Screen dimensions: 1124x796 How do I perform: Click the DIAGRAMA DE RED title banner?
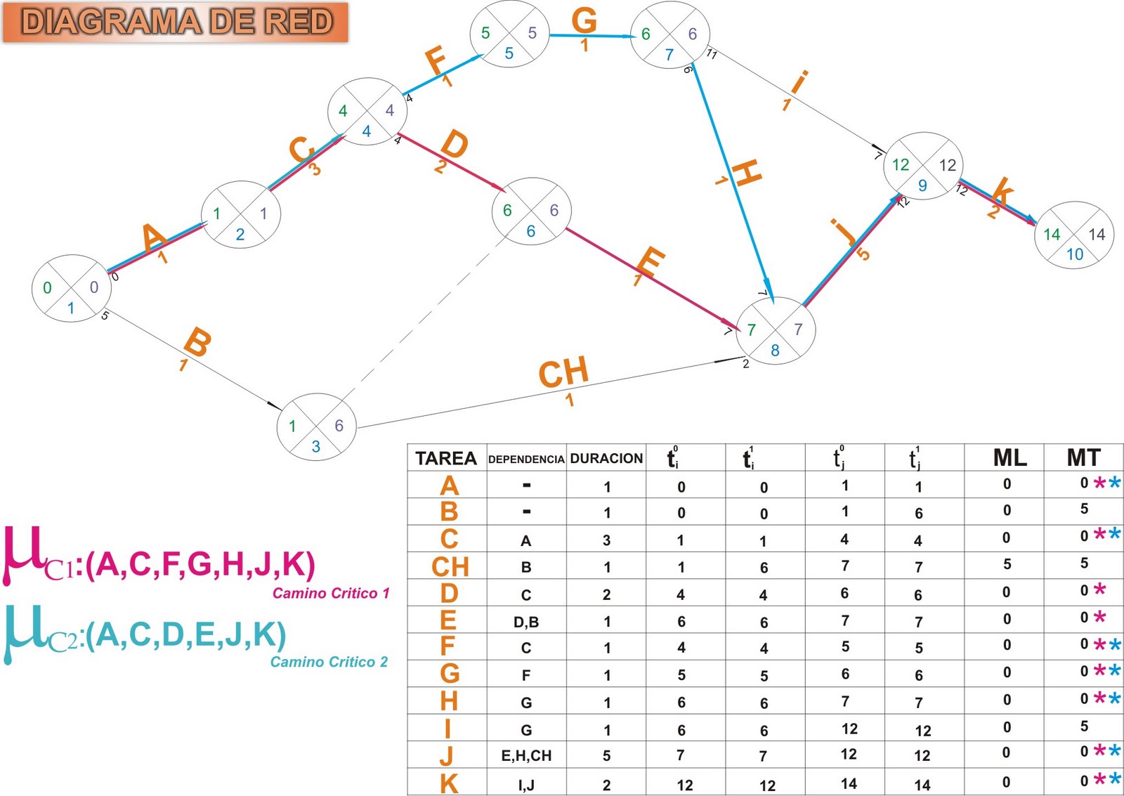point(176,22)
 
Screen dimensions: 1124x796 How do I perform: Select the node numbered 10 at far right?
point(1073,235)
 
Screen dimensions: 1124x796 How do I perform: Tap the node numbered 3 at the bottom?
point(317,425)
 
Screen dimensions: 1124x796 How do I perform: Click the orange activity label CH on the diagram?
point(563,373)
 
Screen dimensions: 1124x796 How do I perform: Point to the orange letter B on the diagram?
point(197,343)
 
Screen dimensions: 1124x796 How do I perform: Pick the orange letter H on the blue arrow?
point(747,173)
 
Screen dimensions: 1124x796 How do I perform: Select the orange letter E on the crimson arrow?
point(651,263)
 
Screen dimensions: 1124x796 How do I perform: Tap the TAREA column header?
point(445,459)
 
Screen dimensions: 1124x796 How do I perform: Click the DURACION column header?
point(606,459)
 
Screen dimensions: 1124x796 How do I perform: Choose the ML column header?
point(1009,458)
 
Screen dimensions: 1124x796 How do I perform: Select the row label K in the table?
point(449,783)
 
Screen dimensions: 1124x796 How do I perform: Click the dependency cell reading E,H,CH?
point(526,756)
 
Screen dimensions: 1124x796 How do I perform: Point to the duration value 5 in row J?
point(606,756)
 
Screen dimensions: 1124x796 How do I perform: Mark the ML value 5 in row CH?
point(1007,564)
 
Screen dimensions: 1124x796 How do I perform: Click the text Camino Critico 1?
point(331,593)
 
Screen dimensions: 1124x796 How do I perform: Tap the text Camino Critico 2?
point(329,662)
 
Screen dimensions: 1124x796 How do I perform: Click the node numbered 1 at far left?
point(71,288)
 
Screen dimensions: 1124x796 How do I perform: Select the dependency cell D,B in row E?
point(525,622)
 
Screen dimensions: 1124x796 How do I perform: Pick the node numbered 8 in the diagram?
point(775,330)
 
